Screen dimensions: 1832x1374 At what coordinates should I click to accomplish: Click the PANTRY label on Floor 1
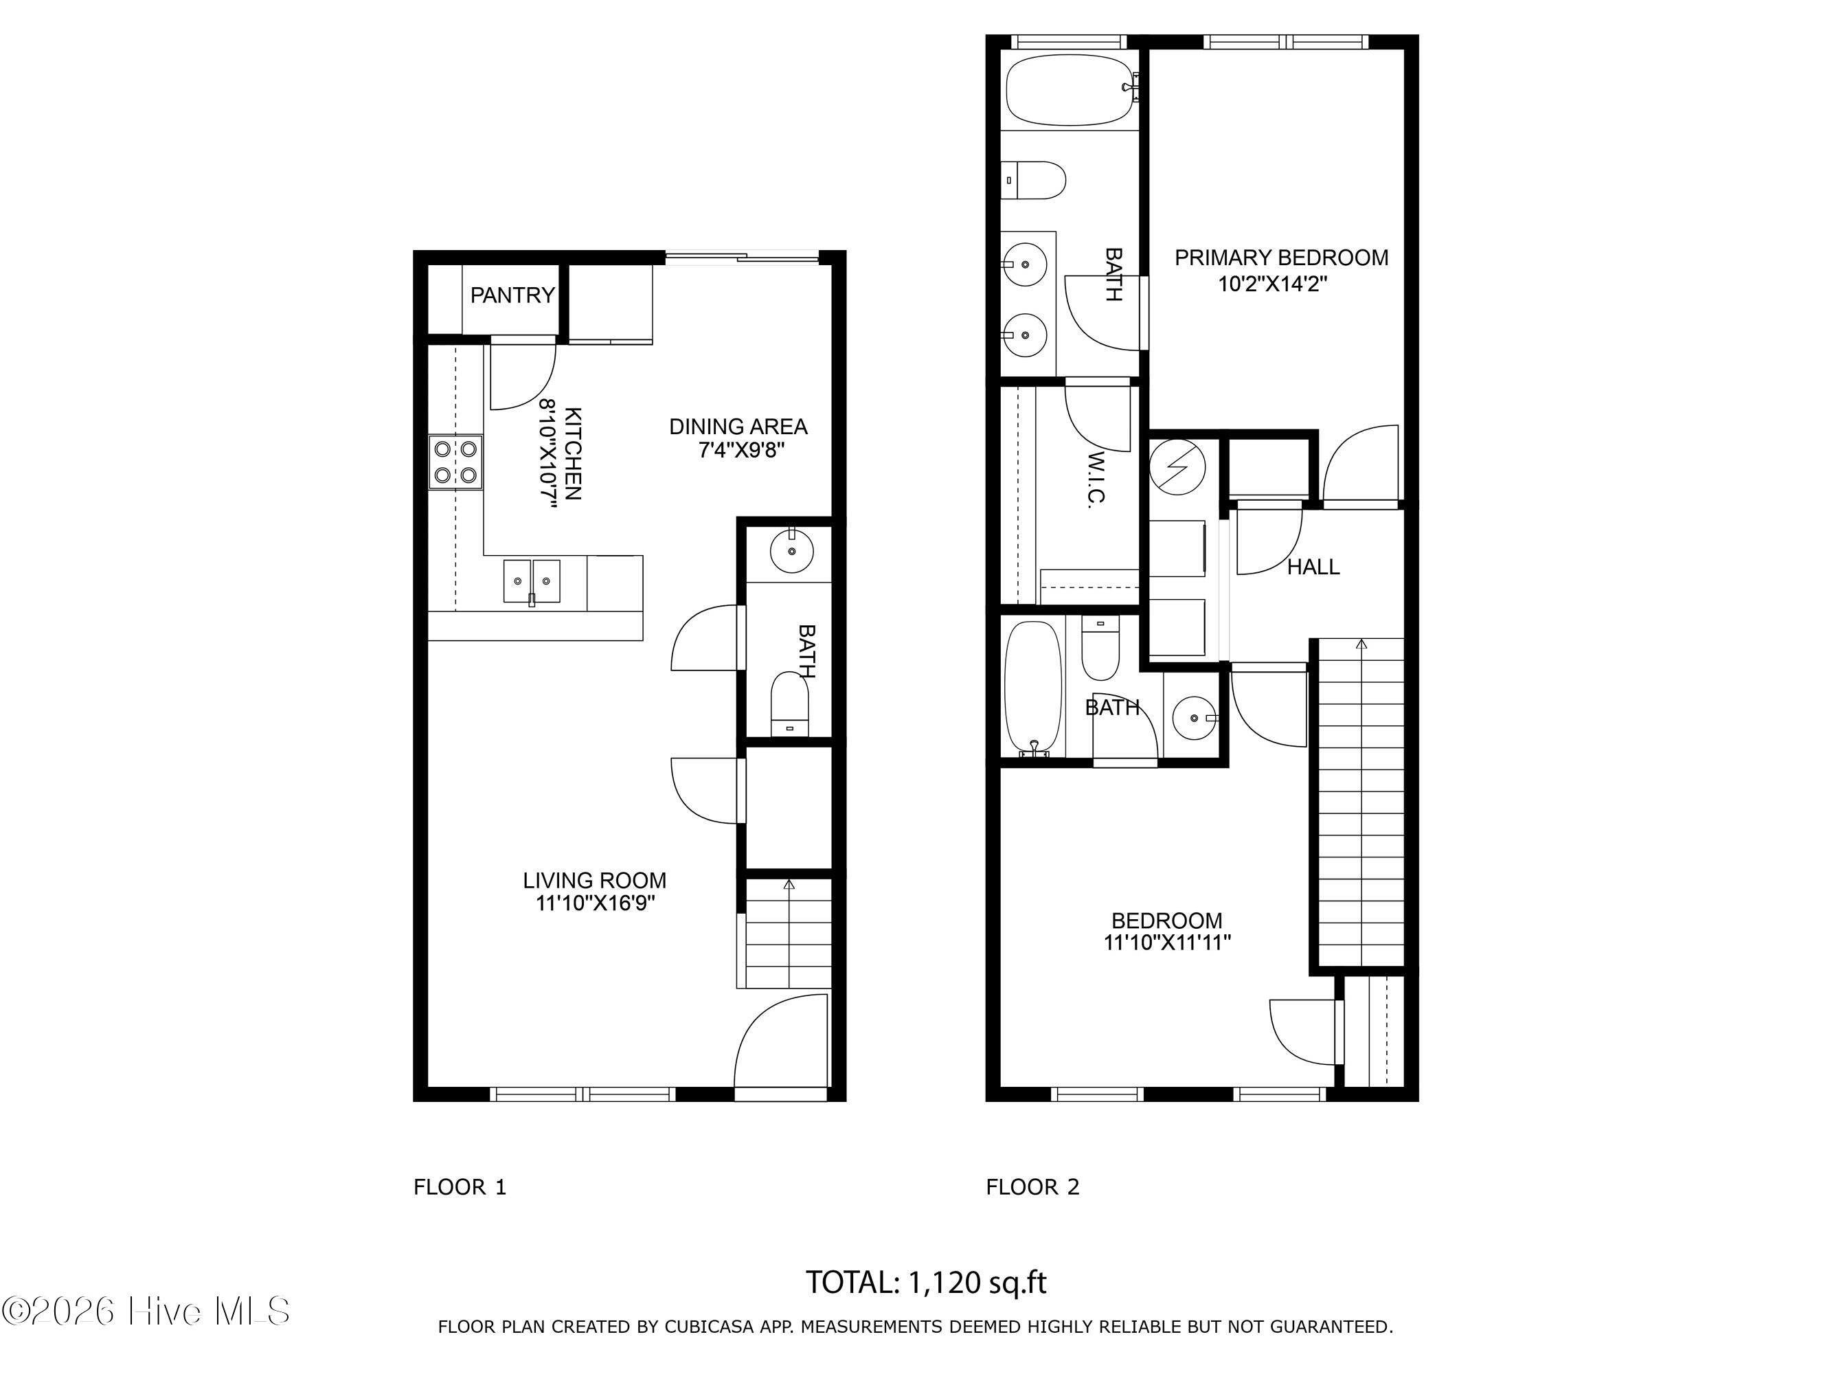(x=512, y=295)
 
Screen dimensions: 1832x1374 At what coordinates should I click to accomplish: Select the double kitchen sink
(x=532, y=581)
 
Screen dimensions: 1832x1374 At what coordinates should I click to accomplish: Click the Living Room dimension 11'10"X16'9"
(x=596, y=903)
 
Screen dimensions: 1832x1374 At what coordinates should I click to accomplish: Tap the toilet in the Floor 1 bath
(x=789, y=704)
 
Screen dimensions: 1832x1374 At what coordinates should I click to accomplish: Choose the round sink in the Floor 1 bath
(x=792, y=551)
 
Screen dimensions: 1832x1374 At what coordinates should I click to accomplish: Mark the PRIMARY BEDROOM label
(x=1281, y=258)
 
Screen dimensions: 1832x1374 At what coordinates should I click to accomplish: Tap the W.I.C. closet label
(x=1096, y=480)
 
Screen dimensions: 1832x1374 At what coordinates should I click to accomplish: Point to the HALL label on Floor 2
(x=1313, y=567)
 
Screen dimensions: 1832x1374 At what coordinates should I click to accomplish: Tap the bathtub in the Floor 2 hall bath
(x=1033, y=689)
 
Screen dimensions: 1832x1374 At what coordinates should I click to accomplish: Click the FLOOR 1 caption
(x=460, y=1187)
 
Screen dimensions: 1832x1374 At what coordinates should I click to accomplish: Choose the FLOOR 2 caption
(x=1033, y=1187)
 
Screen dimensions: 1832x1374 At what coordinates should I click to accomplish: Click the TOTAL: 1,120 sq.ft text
(x=926, y=1282)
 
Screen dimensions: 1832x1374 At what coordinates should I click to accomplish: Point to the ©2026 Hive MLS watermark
(x=146, y=1311)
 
